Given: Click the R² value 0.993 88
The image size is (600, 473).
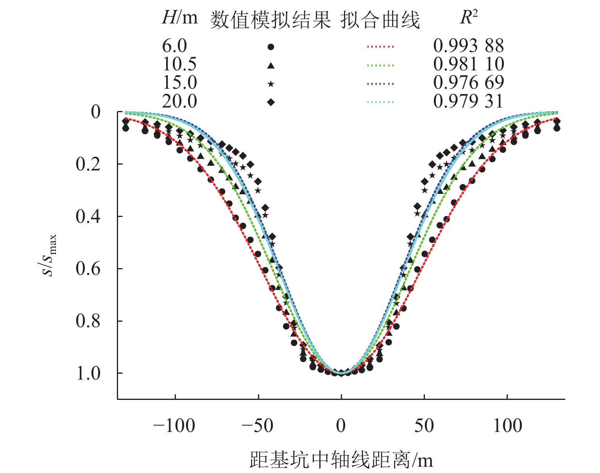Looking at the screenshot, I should pyautogui.click(x=468, y=46).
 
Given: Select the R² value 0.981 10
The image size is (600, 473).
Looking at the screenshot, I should pyautogui.click(x=468, y=64).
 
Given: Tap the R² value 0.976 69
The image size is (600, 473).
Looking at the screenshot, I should pyautogui.click(x=468, y=83).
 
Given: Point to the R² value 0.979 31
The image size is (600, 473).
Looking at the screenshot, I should pyautogui.click(x=468, y=102).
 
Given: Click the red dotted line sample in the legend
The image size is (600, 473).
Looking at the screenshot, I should pyautogui.click(x=380, y=47).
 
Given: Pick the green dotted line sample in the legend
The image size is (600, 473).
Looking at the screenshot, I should pyautogui.click(x=380, y=66).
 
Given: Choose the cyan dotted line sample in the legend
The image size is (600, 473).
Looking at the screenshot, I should pyautogui.click(x=380, y=102).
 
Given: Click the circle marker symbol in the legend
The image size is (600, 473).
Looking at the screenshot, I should pyautogui.click(x=270, y=47).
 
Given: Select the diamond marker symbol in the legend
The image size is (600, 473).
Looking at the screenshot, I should pyautogui.click(x=270, y=102).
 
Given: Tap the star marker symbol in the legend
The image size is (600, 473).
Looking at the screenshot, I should pyautogui.click(x=270, y=84).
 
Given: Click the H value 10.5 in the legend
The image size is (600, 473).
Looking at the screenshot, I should pyautogui.click(x=179, y=64).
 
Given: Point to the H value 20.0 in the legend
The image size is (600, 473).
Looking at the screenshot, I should pyautogui.click(x=179, y=102).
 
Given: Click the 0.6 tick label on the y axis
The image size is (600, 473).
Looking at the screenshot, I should pyautogui.click(x=88, y=269).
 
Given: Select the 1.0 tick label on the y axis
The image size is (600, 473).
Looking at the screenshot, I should pyautogui.click(x=88, y=373).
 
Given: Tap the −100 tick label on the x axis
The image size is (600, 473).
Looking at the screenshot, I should pyautogui.click(x=174, y=426).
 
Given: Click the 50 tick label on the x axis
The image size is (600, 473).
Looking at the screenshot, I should pyautogui.click(x=424, y=426).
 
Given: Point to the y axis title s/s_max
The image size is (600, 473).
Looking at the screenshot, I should pyautogui.click(x=50, y=255).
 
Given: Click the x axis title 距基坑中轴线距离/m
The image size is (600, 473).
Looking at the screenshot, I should pyautogui.click(x=341, y=460).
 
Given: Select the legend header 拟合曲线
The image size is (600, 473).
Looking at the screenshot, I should pyautogui.click(x=380, y=20).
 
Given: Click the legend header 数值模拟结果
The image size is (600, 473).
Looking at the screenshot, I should pyautogui.click(x=270, y=20).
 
